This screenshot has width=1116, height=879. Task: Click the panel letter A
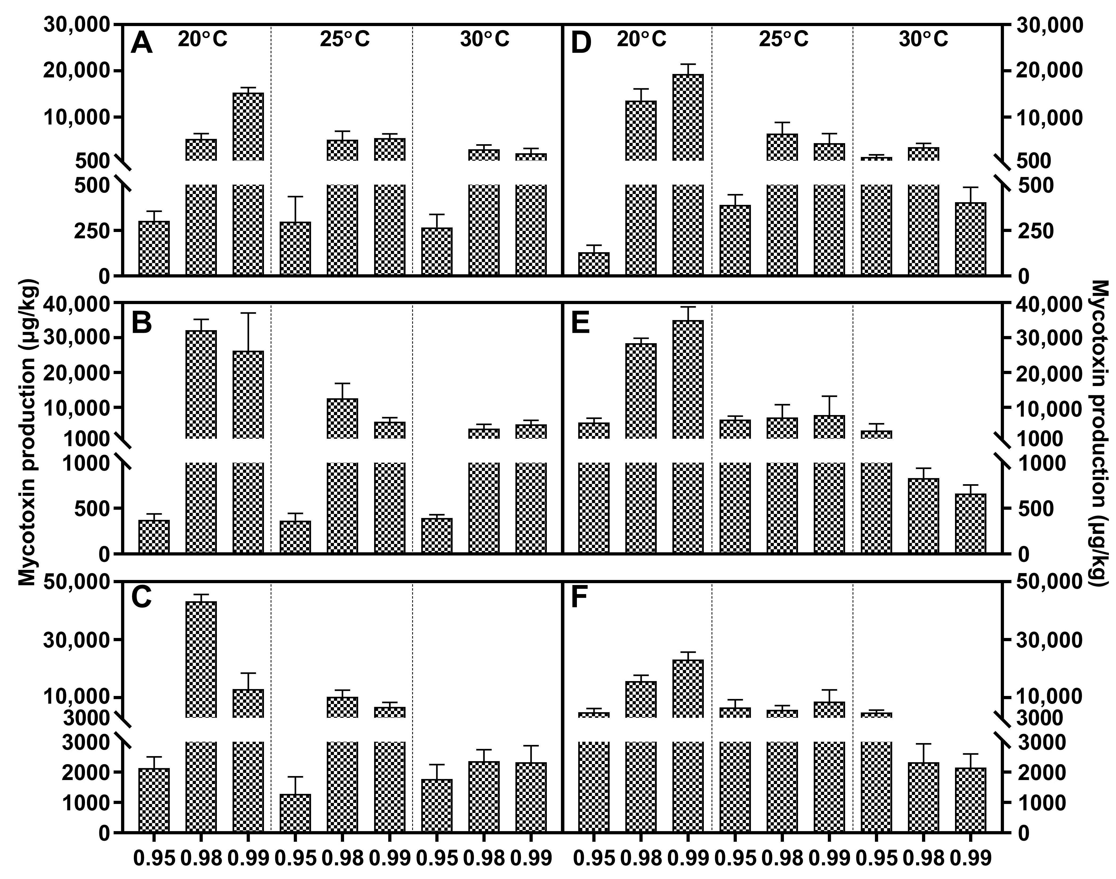pos(142,43)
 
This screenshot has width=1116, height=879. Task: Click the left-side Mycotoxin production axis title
pos(28,432)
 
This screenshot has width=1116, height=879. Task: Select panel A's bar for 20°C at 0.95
pos(154,248)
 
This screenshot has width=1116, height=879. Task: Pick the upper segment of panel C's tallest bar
pos(201,659)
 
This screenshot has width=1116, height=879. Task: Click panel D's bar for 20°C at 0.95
pos(593,264)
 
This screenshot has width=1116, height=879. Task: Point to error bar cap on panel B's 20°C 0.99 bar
pos(248,313)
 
